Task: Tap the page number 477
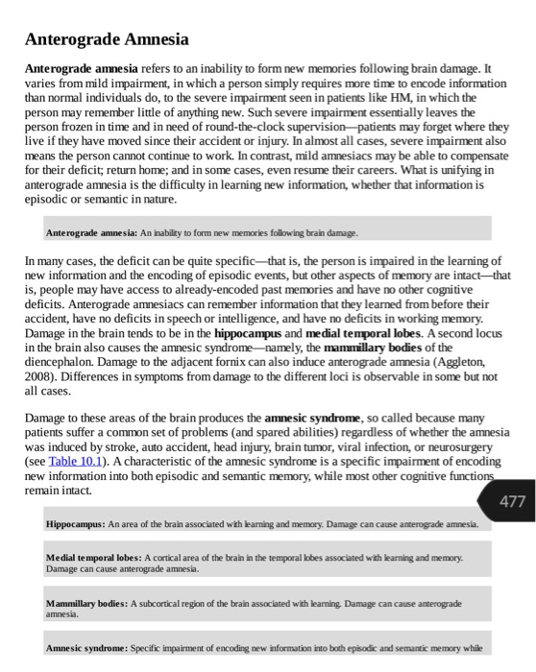click(512, 501)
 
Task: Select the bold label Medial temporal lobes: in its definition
click(93, 558)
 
